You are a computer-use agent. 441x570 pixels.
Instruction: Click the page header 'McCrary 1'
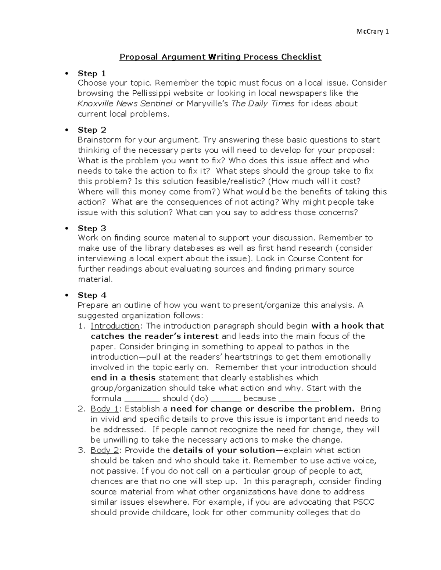pos(372,32)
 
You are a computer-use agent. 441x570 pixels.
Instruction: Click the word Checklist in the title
pos(301,57)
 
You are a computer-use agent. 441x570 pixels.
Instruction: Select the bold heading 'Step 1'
pos(92,73)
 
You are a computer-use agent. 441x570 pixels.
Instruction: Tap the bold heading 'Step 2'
pos(92,130)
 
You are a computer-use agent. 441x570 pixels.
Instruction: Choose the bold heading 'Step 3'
pos(92,228)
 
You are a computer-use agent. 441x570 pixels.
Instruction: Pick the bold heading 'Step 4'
pos(92,295)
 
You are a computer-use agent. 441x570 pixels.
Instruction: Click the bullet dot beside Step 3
pos(67,228)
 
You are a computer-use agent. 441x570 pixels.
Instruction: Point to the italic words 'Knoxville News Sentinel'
pos(125,104)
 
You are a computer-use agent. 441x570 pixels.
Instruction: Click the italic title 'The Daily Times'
pos(262,104)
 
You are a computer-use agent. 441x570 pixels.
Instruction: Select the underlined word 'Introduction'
pos(115,326)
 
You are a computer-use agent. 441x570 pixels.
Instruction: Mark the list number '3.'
pos(82,450)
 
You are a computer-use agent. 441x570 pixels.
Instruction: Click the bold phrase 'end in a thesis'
pos(123,378)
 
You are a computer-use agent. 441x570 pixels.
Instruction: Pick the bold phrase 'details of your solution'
pos(223,450)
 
